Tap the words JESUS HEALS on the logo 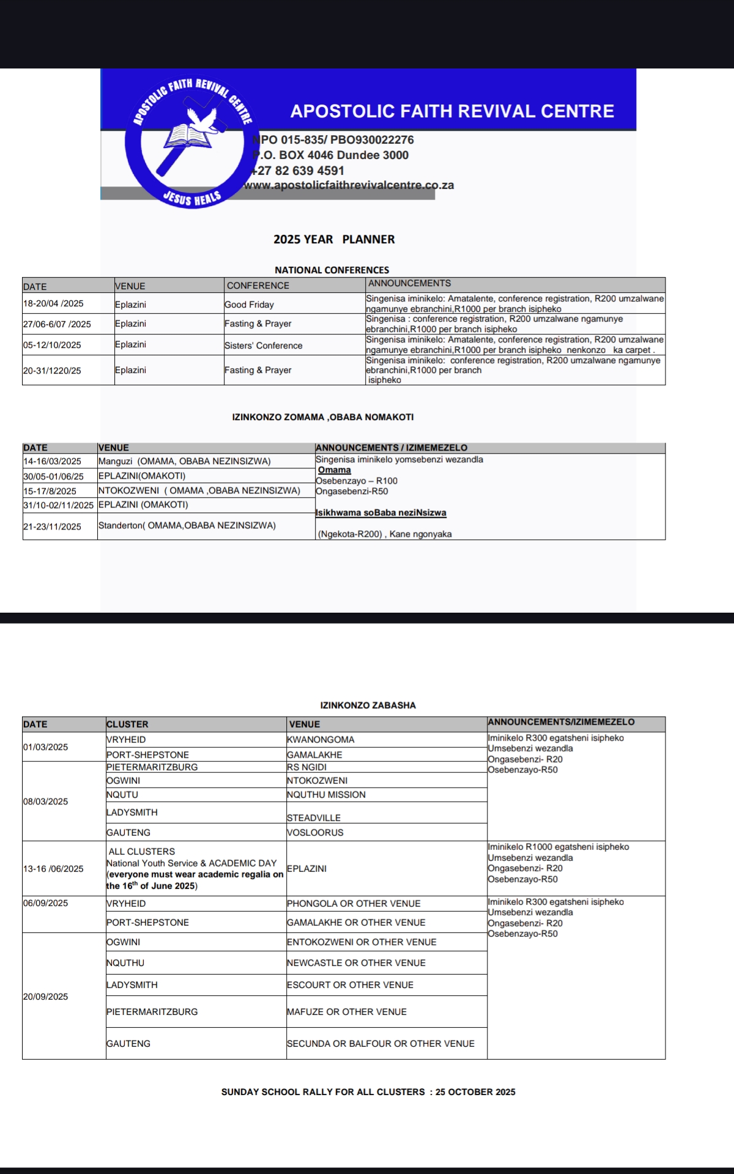point(191,198)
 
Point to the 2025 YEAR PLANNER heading point(334,239)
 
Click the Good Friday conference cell point(249,305)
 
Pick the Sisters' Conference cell point(263,345)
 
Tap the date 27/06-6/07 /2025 point(57,324)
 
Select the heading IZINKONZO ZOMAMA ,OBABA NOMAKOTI point(323,417)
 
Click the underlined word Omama point(335,470)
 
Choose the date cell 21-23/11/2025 point(52,526)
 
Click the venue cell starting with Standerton point(187,525)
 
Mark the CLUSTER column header point(127,724)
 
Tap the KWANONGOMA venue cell point(321,739)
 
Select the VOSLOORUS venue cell point(315,832)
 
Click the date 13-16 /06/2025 point(53,868)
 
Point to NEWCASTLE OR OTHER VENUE point(356,962)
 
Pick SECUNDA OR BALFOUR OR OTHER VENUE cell point(380,1043)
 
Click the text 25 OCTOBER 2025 point(475,1091)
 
